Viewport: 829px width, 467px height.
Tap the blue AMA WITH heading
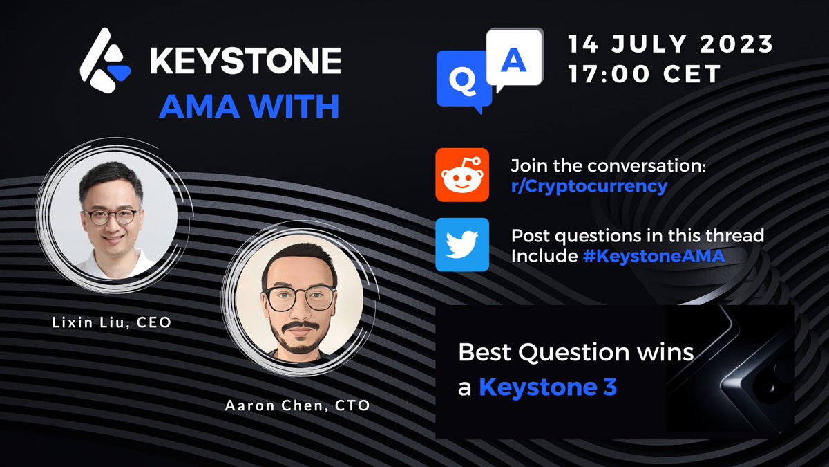point(249,107)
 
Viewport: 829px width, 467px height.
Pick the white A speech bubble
point(513,61)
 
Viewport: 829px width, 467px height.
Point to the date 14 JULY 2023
point(669,44)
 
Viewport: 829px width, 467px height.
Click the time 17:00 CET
point(645,73)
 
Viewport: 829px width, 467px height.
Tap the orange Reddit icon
point(462,174)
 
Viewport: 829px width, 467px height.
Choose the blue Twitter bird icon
point(462,244)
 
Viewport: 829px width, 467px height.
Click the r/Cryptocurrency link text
point(589,185)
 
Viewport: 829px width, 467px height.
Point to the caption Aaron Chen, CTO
point(297,406)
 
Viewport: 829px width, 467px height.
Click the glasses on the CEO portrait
point(112,215)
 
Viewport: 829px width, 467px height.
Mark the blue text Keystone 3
point(548,387)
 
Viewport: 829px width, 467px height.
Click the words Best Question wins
point(576,353)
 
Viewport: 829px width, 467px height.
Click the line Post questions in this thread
point(637,236)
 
